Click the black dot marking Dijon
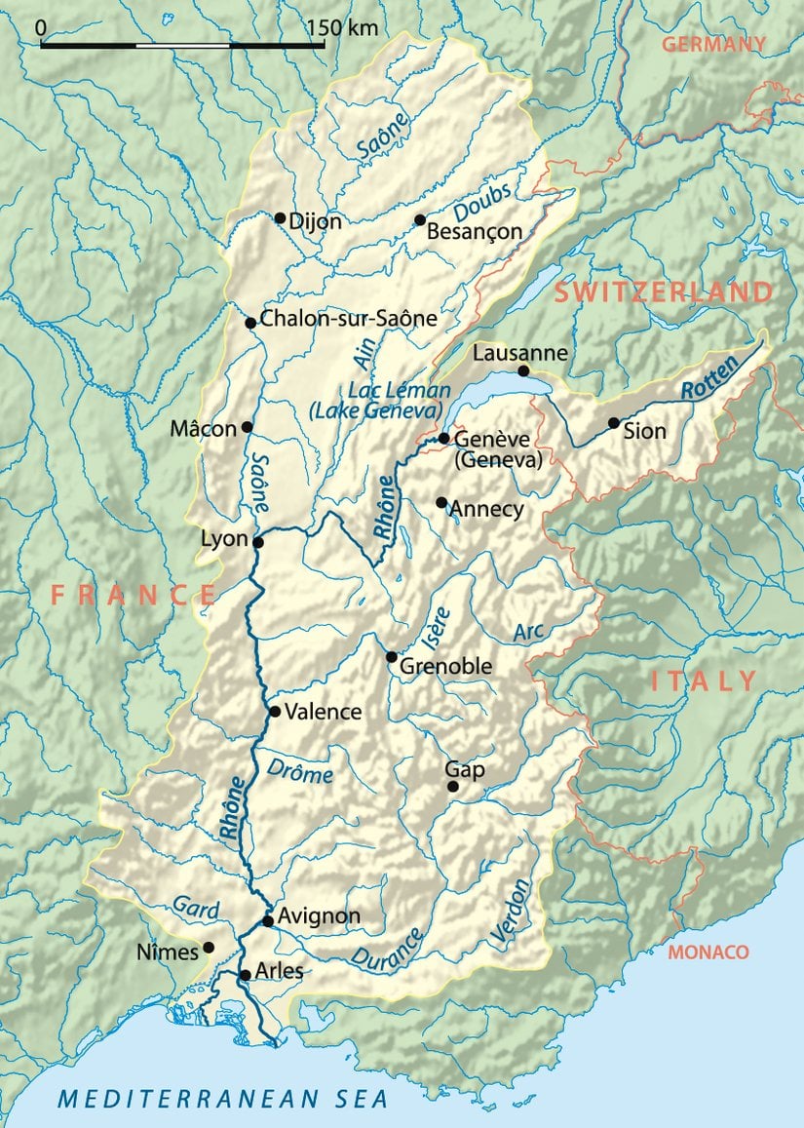(x=281, y=218)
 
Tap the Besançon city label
(x=475, y=232)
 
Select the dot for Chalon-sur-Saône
(x=250, y=323)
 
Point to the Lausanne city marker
(x=523, y=371)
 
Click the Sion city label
(x=646, y=430)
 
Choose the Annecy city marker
(x=441, y=503)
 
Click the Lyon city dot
(x=258, y=543)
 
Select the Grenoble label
(x=446, y=668)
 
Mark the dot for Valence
(x=275, y=712)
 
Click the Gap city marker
(x=452, y=787)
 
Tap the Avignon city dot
(x=268, y=920)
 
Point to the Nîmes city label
(x=169, y=952)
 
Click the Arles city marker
(x=245, y=975)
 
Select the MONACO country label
(x=708, y=953)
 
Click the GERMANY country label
(x=713, y=44)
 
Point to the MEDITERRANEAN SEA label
(x=223, y=1099)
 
